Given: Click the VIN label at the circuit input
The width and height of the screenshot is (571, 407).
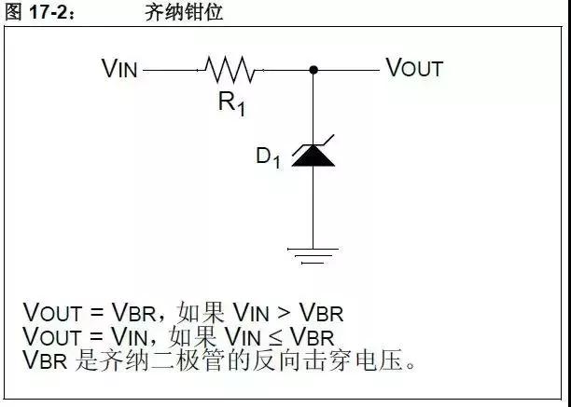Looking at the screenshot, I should tap(119, 68).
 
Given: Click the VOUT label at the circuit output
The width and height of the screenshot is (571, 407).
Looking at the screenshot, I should tap(414, 68).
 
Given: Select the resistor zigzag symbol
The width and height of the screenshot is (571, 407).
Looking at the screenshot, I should tap(228, 69).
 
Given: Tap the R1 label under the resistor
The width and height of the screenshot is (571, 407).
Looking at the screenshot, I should tap(232, 102).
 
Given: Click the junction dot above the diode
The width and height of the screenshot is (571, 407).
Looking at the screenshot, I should tap(313, 69).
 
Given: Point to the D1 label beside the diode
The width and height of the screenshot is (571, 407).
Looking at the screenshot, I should tap(268, 157).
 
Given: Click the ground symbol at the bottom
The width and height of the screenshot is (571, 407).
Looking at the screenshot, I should tap(313, 252).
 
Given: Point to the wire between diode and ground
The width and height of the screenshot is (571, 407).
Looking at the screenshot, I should tap(313, 205).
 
